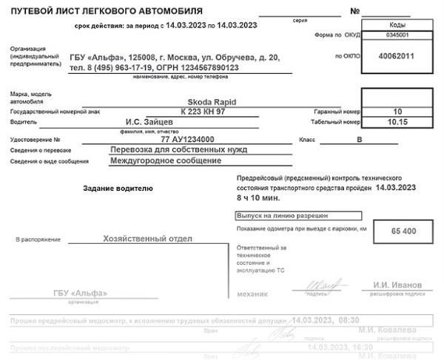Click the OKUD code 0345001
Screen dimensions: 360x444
(398, 35)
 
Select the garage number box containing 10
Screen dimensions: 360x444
(398, 111)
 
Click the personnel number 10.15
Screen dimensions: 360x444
(398, 121)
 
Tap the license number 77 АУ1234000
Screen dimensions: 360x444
(187, 139)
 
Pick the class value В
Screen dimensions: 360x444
(360, 139)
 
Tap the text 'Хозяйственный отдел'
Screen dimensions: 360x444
(148, 239)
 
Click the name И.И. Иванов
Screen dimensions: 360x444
(397, 284)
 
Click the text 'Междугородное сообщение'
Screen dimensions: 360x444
(166, 160)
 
